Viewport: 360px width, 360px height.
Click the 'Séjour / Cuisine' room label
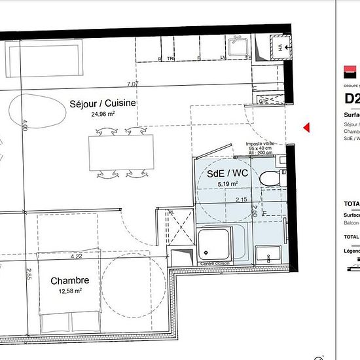click(103, 103)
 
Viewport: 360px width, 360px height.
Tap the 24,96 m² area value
click(103, 113)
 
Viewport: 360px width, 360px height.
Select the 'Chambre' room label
click(69, 281)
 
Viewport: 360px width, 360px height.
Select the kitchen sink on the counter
click(236, 47)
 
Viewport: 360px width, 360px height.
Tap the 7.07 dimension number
click(132, 84)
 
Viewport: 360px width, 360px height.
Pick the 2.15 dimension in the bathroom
click(241, 200)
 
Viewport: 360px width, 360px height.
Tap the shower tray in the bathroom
click(214, 244)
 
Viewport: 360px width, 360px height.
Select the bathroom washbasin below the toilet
click(268, 253)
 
